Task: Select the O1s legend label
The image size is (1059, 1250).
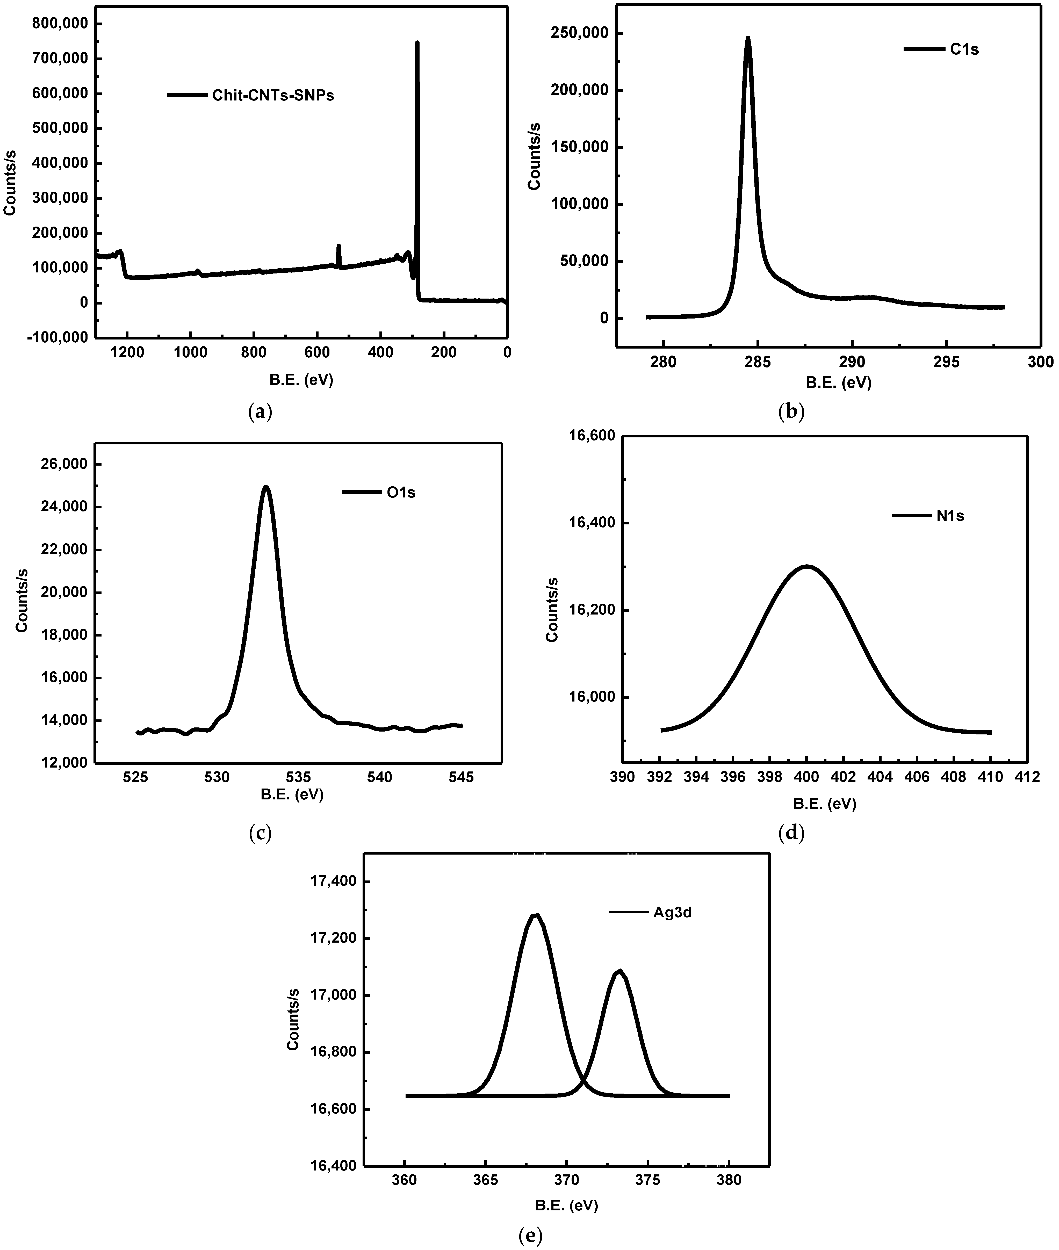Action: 400,493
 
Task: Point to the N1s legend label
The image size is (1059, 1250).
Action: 950,516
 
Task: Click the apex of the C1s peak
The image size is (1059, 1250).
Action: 748,38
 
